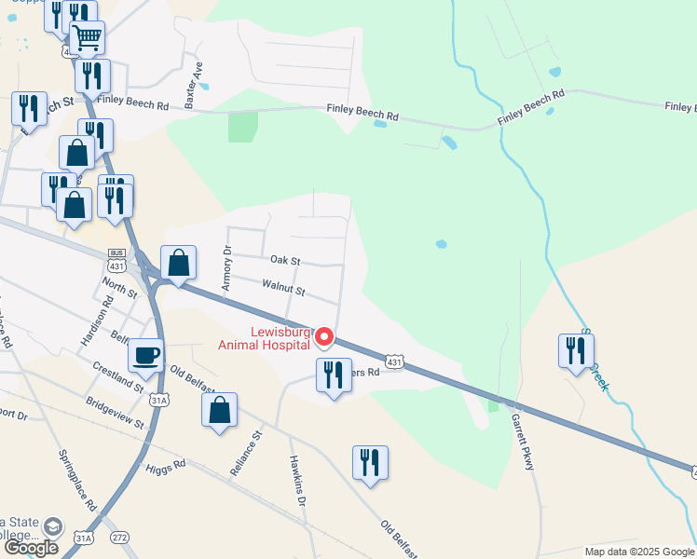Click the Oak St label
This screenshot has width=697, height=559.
point(285,261)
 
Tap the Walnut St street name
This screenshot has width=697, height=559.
point(284,287)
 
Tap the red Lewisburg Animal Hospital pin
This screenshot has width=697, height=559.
point(324,336)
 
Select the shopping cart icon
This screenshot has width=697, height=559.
point(87,38)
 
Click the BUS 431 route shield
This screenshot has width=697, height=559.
point(116,260)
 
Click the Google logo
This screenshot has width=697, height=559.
point(32,548)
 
